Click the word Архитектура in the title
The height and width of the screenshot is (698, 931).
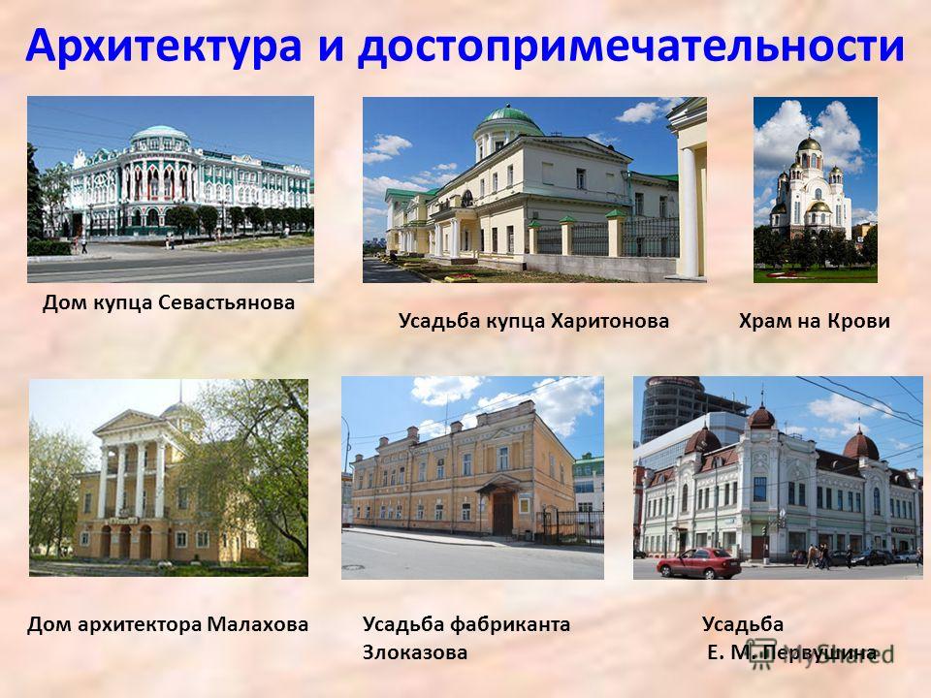164,47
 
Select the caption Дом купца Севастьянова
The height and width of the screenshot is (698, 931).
169,303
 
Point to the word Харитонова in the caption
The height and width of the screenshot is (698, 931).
610,321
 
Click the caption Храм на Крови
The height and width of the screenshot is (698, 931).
814,321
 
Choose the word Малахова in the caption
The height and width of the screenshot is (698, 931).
258,624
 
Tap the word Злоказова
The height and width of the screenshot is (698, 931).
415,652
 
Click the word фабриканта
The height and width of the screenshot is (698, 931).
510,625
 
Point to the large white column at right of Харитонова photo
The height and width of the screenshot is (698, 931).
689,212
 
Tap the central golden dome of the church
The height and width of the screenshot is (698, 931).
809,143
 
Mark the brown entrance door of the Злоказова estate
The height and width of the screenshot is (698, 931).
502,514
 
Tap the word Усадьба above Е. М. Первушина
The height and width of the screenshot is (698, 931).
743,625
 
